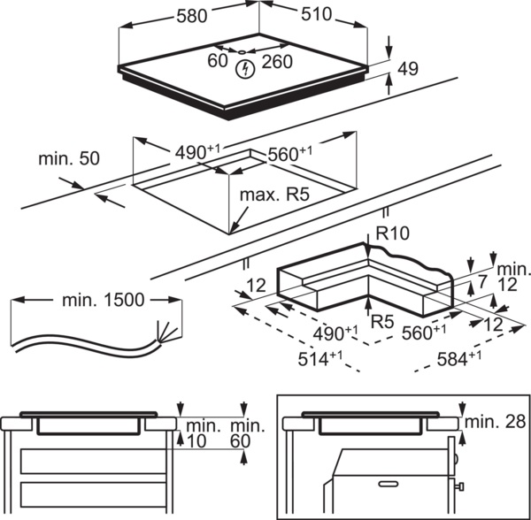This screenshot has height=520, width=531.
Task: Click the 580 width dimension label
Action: pyautogui.click(x=192, y=16)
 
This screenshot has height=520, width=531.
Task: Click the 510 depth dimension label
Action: pyautogui.click(x=316, y=14)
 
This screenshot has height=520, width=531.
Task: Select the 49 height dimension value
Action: pyautogui.click(x=408, y=69)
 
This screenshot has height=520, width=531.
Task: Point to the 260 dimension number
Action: pyautogui.click(x=277, y=62)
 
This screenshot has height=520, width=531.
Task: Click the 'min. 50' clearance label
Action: pyautogui.click(x=69, y=158)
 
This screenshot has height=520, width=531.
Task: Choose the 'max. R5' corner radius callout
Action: pyautogui.click(x=274, y=195)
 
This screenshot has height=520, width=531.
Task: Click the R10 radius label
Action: pyautogui.click(x=392, y=233)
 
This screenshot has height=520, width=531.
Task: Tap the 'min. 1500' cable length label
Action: pyautogui.click(x=104, y=300)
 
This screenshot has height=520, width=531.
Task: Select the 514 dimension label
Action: pyautogui.click(x=320, y=359)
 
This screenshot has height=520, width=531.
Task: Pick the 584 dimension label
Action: pyautogui.click(x=458, y=359)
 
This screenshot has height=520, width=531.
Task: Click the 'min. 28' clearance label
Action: pyautogui.click(x=496, y=422)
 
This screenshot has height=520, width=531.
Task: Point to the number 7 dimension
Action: pyautogui.click(x=482, y=282)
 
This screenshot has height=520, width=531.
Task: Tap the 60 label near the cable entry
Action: pyautogui.click(x=218, y=61)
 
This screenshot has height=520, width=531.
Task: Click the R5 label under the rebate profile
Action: pyautogui.click(x=382, y=322)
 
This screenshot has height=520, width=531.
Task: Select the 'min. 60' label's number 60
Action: pyautogui.click(x=241, y=440)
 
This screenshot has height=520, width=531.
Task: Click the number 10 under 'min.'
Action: pyautogui.click(x=196, y=440)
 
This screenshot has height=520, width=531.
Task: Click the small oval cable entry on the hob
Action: pyautogui.click(x=242, y=52)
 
